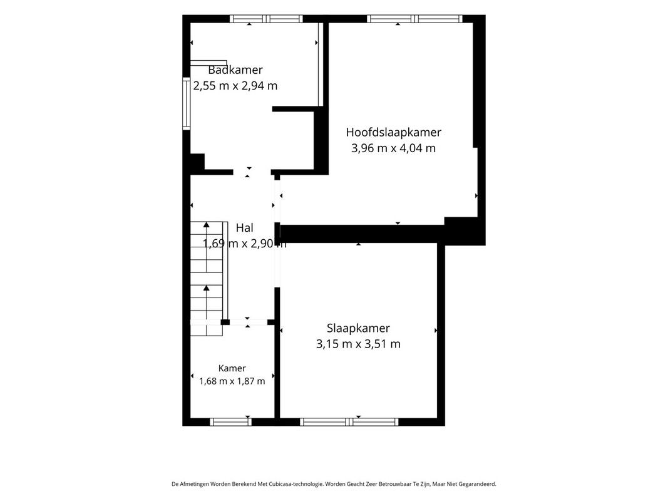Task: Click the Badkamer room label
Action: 235,70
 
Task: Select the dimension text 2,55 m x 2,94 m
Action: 235,86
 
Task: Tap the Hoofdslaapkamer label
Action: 393,132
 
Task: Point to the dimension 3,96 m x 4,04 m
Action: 393,148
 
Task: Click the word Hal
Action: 245,228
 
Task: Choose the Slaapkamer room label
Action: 358,328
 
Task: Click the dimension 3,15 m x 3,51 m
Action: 358,344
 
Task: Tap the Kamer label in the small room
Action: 232,368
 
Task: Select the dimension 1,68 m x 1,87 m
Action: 232,381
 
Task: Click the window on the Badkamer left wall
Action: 186,103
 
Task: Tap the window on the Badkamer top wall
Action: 266,19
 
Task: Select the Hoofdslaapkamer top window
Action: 414,19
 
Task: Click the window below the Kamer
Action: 230,421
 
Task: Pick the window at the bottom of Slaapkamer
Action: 349,421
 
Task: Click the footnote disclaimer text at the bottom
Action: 334,484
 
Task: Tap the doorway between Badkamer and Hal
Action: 252,172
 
